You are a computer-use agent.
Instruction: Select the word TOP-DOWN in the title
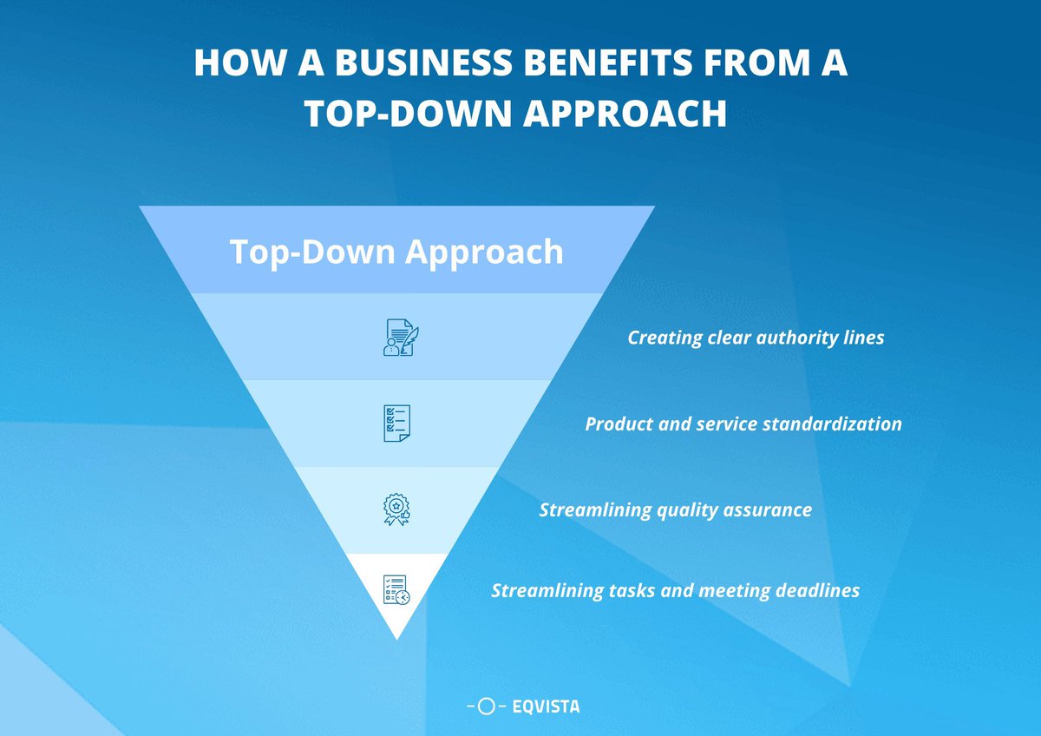pyautogui.click(x=408, y=113)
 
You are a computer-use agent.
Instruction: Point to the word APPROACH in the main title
pyautogui.click(x=625, y=113)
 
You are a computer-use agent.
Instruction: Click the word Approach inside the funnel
pyautogui.click(x=484, y=253)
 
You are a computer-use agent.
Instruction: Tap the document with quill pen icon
pyautogui.click(x=401, y=338)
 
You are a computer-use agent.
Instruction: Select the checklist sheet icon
pyautogui.click(x=397, y=423)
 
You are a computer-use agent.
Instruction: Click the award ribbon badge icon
pyautogui.click(x=396, y=509)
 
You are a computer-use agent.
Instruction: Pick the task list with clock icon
pyautogui.click(x=396, y=590)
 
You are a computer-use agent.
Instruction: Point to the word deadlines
pyautogui.click(x=817, y=590)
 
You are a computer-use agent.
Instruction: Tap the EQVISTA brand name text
pyautogui.click(x=546, y=706)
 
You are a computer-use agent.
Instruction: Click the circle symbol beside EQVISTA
pyautogui.click(x=486, y=706)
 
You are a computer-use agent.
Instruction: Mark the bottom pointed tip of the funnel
pyautogui.click(x=397, y=640)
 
